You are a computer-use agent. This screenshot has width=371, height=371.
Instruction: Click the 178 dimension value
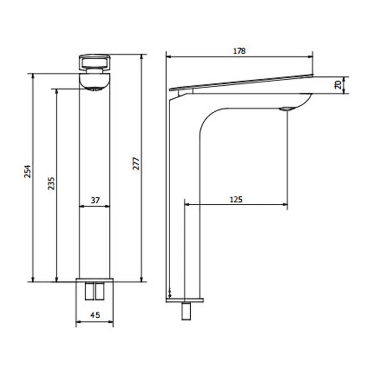(239, 51)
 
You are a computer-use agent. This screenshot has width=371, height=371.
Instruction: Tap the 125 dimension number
(236, 200)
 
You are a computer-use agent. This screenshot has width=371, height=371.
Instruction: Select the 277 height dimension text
(136, 164)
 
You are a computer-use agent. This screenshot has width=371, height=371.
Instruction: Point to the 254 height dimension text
(28, 171)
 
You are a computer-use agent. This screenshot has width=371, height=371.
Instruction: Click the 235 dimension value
(51, 183)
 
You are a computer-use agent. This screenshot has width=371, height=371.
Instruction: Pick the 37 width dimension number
(95, 200)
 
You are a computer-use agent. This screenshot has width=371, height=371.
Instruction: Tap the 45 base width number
(95, 315)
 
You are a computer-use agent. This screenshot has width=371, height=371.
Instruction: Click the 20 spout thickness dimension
(338, 85)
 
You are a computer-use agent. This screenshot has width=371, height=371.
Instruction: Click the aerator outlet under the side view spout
(286, 109)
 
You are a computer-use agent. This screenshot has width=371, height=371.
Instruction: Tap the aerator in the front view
(95, 89)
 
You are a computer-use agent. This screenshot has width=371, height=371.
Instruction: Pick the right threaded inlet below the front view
(99, 290)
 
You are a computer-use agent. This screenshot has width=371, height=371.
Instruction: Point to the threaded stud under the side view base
(185, 311)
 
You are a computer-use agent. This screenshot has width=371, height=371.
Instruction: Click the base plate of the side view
(185, 300)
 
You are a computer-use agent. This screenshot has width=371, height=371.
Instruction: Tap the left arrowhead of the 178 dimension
(168, 57)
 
